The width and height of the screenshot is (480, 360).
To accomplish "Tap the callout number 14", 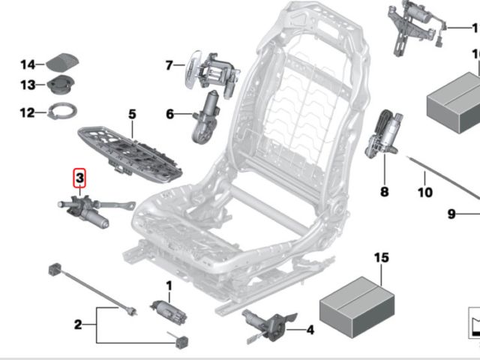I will click(28, 64).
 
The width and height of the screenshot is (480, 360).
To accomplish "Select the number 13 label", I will click(28, 85).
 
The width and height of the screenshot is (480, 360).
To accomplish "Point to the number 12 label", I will click(28, 113).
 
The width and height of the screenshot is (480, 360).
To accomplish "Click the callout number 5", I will click(132, 115).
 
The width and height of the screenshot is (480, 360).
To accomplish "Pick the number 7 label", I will click(169, 66).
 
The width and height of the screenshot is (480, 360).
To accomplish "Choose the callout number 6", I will click(169, 114).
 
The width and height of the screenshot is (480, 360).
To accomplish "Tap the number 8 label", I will click(385, 192).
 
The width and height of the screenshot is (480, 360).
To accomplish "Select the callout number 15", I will click(382, 259).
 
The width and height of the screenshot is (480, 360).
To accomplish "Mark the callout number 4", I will click(310, 328).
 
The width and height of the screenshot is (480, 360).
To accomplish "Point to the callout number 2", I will click(77, 324).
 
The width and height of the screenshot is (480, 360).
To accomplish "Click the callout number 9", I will click(452, 214).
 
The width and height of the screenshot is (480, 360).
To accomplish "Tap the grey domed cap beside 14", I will click(63, 63).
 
